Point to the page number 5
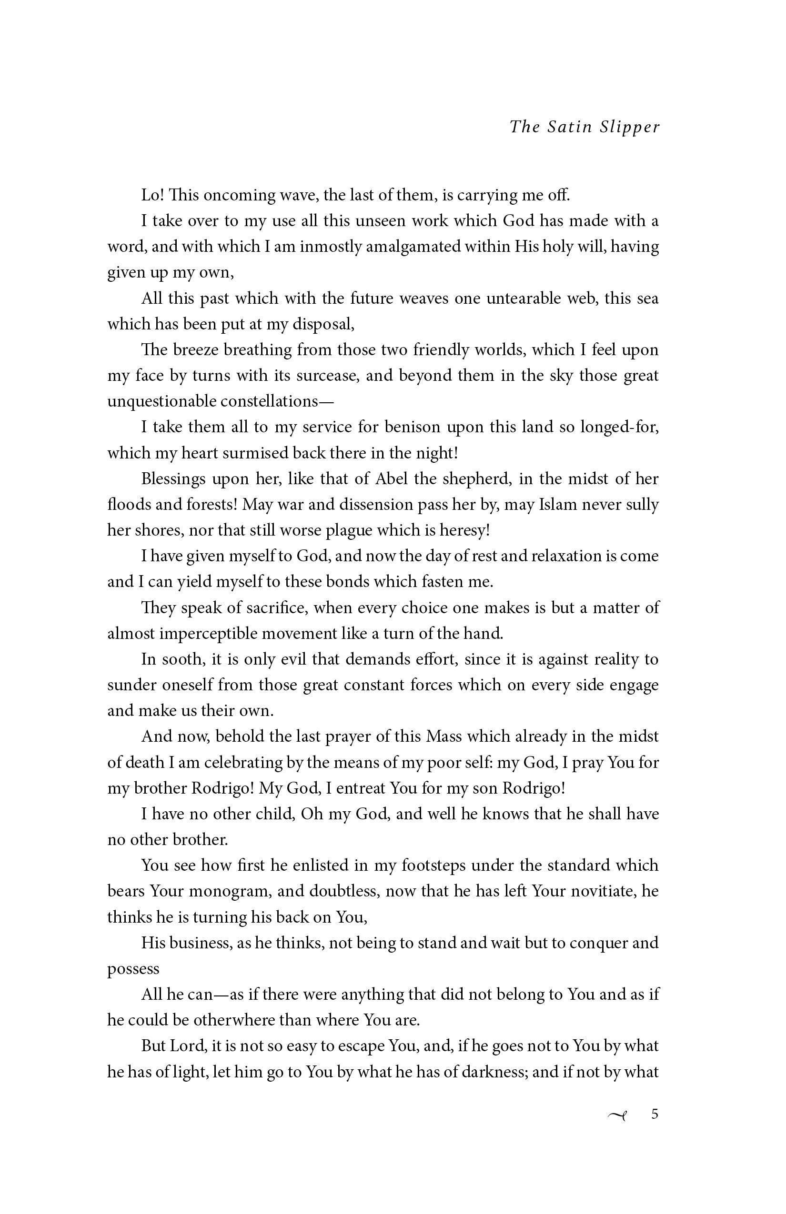(655, 1114)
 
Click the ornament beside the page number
(617, 1115)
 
